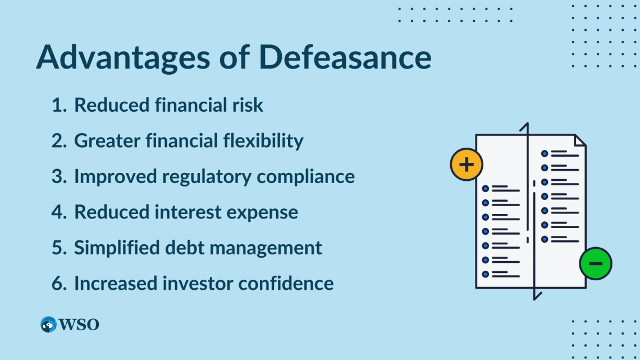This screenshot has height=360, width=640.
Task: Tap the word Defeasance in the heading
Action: click(x=337, y=57)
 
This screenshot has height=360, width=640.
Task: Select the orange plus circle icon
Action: click(x=467, y=165)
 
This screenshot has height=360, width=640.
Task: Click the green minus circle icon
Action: click(x=596, y=263)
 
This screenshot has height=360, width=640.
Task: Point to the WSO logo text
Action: click(x=79, y=325)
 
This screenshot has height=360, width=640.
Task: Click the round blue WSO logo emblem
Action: click(x=49, y=325)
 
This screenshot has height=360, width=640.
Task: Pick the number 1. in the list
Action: click(x=59, y=105)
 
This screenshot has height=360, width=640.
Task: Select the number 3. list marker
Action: click(x=59, y=176)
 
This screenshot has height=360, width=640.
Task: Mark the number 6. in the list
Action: click(x=59, y=284)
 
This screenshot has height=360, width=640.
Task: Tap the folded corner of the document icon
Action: click(x=580, y=140)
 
